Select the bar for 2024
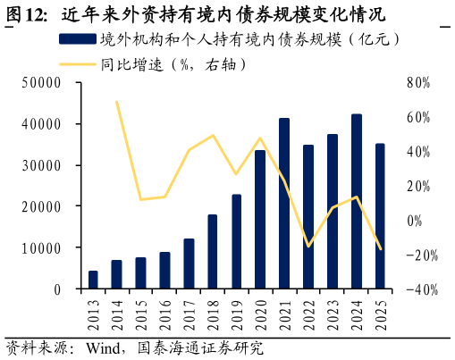pyautogui.click(x=356, y=202)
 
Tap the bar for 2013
pyautogui.click(x=93, y=280)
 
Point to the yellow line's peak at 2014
pyautogui.click(x=117, y=102)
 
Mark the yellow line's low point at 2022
pyautogui.click(x=308, y=246)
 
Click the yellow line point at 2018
pyautogui.click(x=213, y=136)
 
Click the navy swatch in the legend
pyautogui.click(x=77, y=39)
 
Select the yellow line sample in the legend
pyautogui.click(x=77, y=64)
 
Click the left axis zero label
pyautogui.click(x=56, y=289)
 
